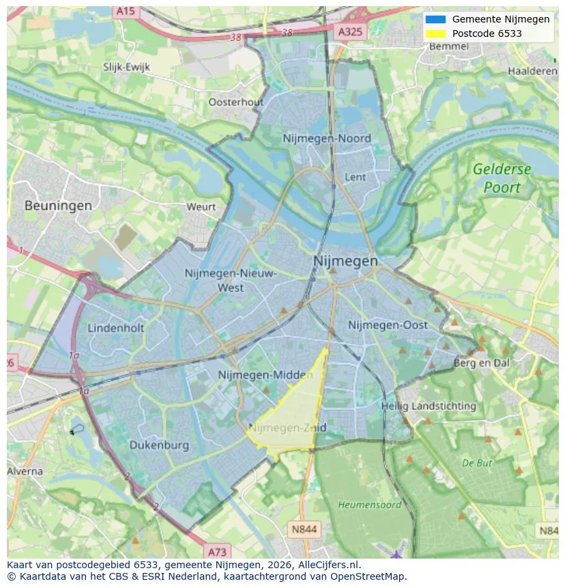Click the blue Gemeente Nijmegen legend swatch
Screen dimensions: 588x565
(x=435, y=19)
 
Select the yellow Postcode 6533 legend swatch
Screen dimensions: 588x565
(x=435, y=33)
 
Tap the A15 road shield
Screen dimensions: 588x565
(x=125, y=11)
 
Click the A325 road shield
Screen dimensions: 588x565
(x=351, y=31)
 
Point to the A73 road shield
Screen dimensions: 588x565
(x=216, y=551)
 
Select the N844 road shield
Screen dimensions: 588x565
(x=304, y=529)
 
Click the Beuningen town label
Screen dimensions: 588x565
(x=58, y=205)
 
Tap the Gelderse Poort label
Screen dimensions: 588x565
(x=502, y=178)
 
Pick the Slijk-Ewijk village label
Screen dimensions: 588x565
(x=126, y=67)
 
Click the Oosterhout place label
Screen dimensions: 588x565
(x=235, y=102)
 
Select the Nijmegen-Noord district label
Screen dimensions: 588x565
(x=327, y=139)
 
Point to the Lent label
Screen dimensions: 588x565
(x=356, y=177)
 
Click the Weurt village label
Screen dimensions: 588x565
(x=201, y=207)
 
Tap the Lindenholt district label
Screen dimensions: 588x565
(x=116, y=328)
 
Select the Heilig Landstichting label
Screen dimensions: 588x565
(x=429, y=406)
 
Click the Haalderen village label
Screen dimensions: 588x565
(x=532, y=71)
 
